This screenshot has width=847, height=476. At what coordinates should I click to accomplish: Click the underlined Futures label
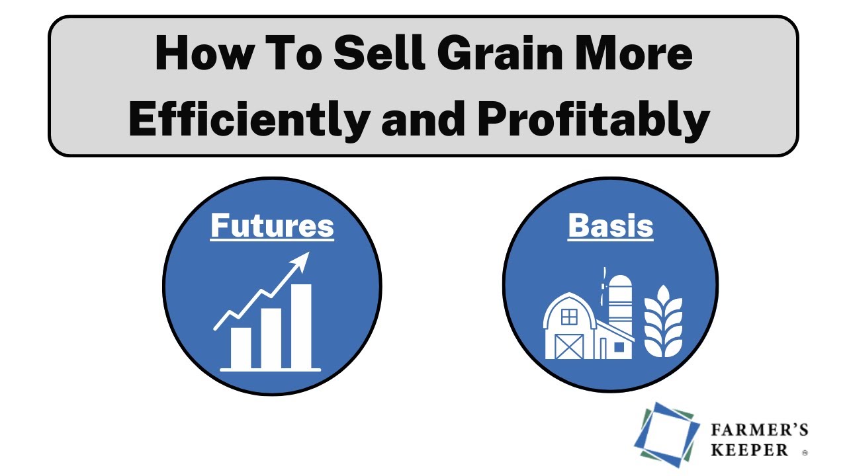coord(272,225)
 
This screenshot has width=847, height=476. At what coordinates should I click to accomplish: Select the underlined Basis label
coord(610,225)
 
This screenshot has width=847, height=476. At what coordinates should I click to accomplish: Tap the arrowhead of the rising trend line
coord(302,260)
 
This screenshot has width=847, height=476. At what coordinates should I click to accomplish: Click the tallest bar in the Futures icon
coord(301,326)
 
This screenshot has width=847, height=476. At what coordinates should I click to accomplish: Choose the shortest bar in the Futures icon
coord(240,347)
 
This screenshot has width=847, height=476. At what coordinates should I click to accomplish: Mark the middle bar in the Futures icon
coord(271,338)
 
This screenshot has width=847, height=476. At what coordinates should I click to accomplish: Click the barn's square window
coord(569,317)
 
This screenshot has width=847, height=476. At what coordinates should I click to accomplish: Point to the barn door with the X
coord(568,346)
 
